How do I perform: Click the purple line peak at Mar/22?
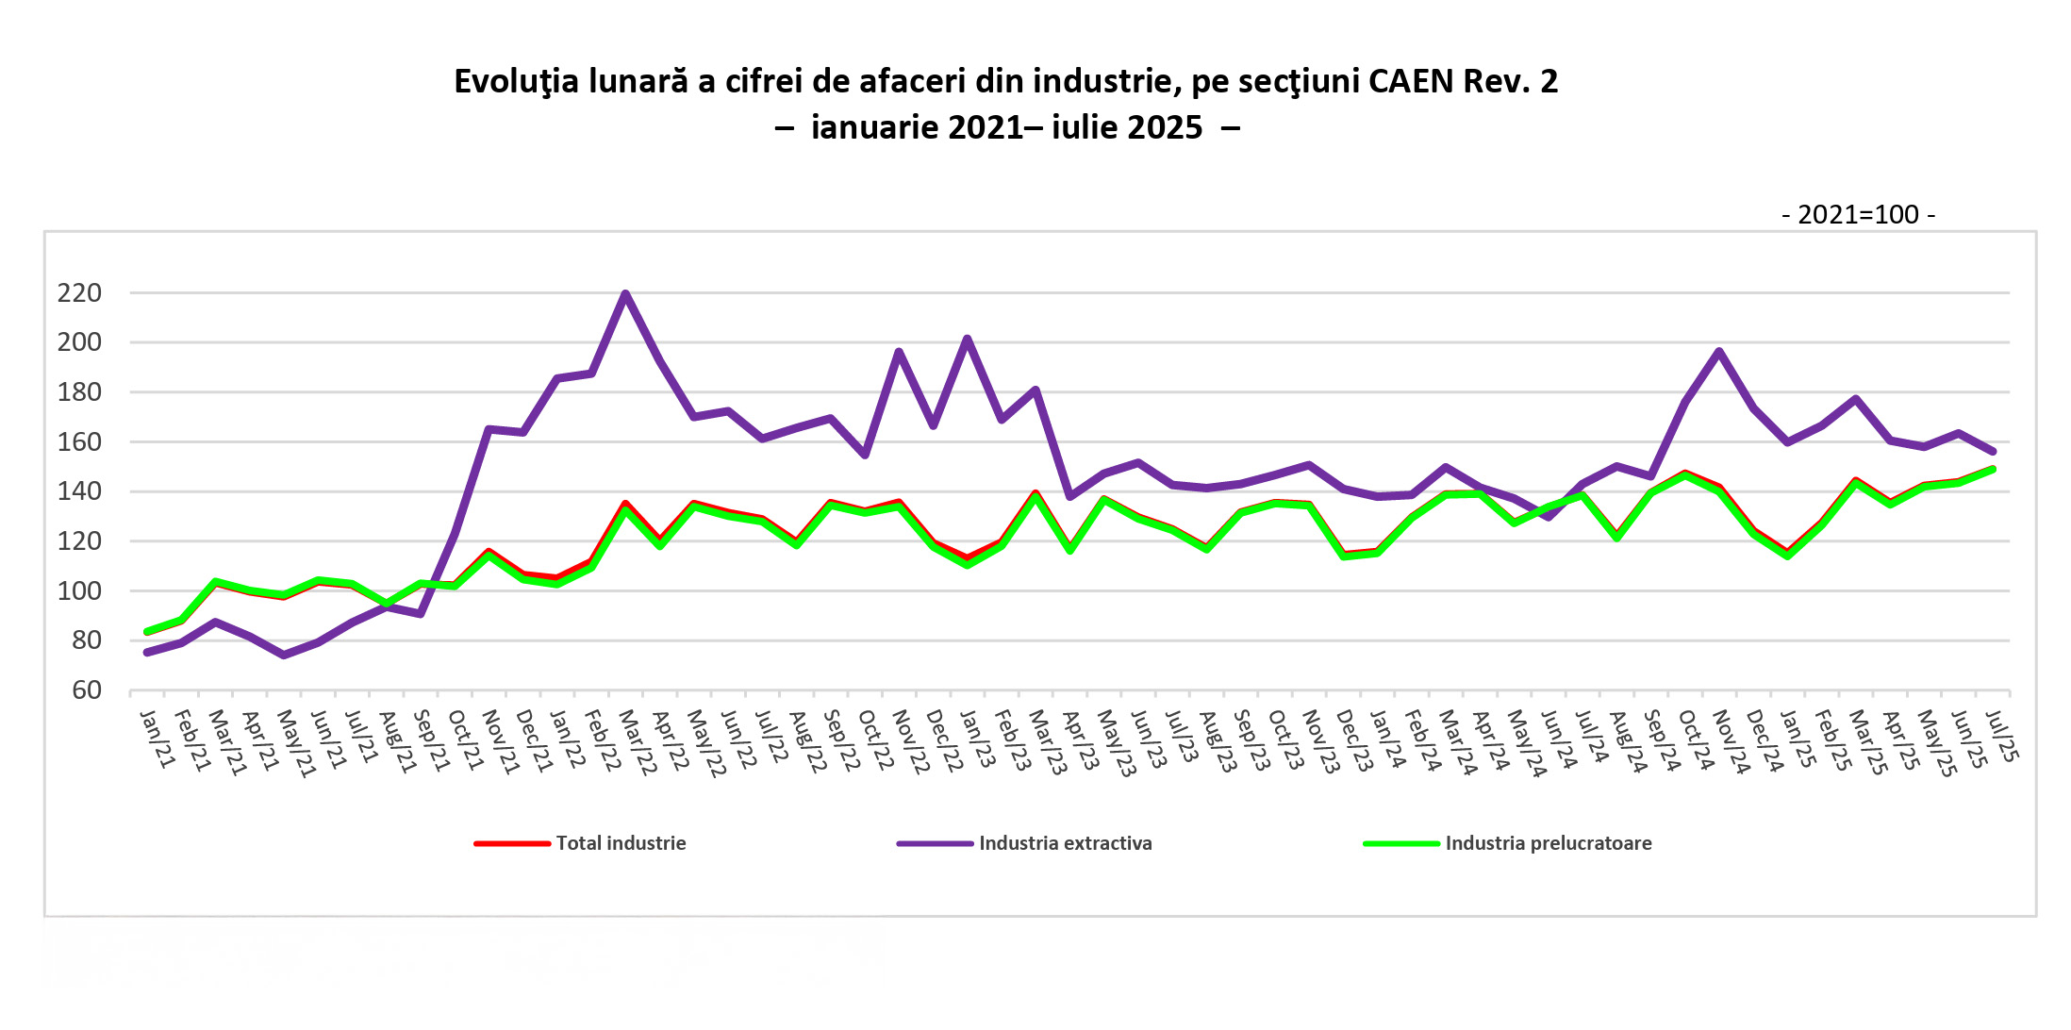pos(625,293)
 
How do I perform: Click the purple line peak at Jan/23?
pos(968,339)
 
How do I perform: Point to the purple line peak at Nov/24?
pos(1719,352)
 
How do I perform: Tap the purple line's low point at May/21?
pos(284,655)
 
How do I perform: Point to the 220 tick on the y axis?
pos(79,293)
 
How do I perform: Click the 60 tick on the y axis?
pos(86,690)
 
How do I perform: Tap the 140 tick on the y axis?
pos(79,491)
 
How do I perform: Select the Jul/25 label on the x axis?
pos(2001,738)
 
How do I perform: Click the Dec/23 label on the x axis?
pos(1354,741)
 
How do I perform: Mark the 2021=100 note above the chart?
pos(1858,215)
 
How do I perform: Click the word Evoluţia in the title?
pos(516,82)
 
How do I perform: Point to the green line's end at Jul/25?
pos(1993,469)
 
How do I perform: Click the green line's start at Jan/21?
pos(147,632)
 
